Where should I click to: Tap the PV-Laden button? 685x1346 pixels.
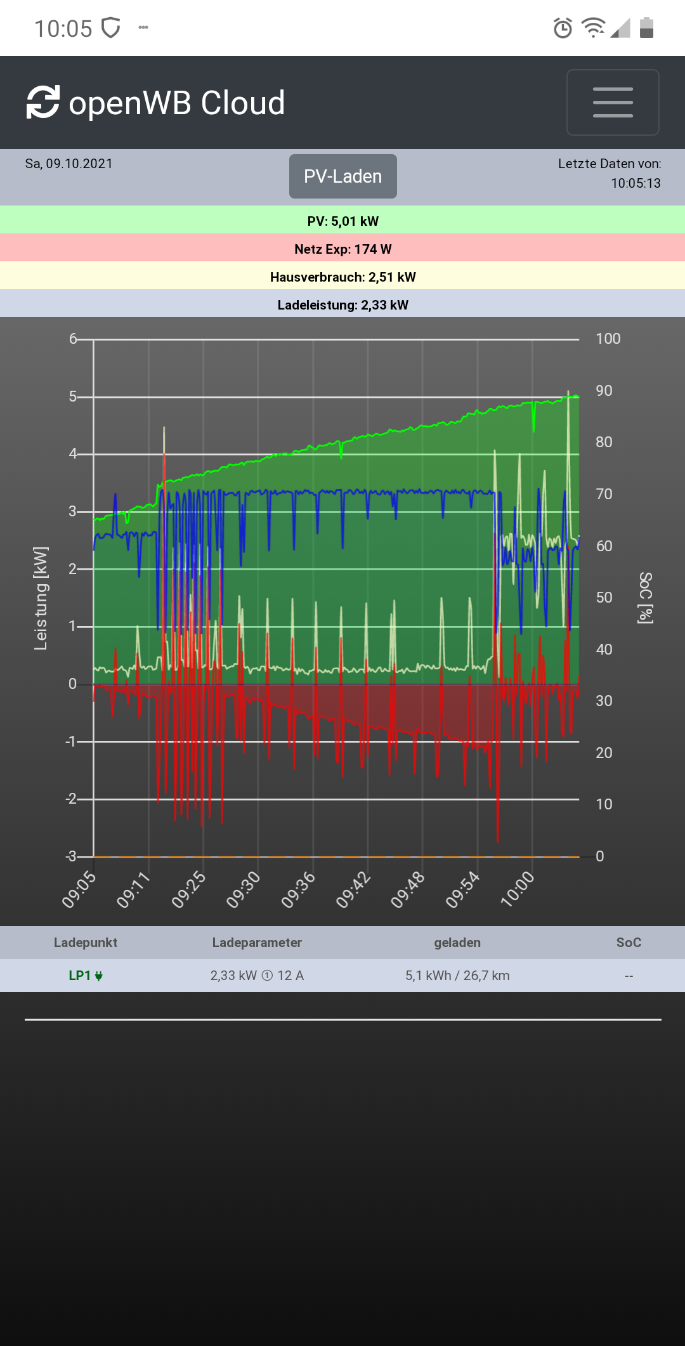coord(342,176)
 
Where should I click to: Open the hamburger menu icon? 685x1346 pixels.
coord(613,102)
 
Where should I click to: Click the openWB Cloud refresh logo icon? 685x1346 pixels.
coord(43,102)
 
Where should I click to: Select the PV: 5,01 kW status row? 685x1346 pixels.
coord(342,221)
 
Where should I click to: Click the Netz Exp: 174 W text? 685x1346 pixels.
coord(342,249)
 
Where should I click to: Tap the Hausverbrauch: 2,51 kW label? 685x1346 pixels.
coord(342,277)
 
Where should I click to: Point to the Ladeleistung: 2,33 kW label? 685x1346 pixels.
coord(342,304)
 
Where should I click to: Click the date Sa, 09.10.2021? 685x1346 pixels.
coord(68,164)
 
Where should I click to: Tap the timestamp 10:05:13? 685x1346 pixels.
coord(636,183)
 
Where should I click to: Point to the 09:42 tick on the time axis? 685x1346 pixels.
coord(353,889)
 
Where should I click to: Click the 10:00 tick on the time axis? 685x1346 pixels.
coord(518,889)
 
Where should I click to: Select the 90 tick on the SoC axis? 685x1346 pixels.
coord(604,391)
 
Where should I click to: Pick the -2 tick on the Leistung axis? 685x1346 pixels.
coord(72,799)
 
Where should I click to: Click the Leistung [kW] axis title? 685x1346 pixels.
coord(41,598)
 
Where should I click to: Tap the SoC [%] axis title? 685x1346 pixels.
coord(646,598)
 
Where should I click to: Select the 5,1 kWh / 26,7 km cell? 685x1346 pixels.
coord(457,976)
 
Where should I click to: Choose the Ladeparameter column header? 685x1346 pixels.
coord(257,943)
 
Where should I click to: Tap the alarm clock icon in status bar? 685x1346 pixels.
coord(563,28)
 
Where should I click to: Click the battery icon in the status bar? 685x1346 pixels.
coord(646,28)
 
